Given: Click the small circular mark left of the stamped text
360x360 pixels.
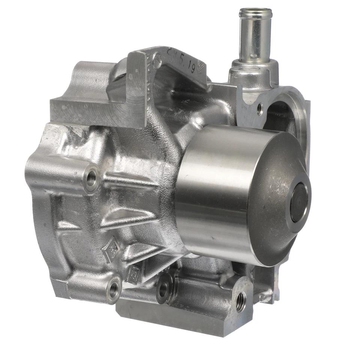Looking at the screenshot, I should [x=157, y=60].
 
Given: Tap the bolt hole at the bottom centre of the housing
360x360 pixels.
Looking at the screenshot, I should [x=163, y=289].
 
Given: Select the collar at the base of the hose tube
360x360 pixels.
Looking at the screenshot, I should [x=254, y=67].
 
